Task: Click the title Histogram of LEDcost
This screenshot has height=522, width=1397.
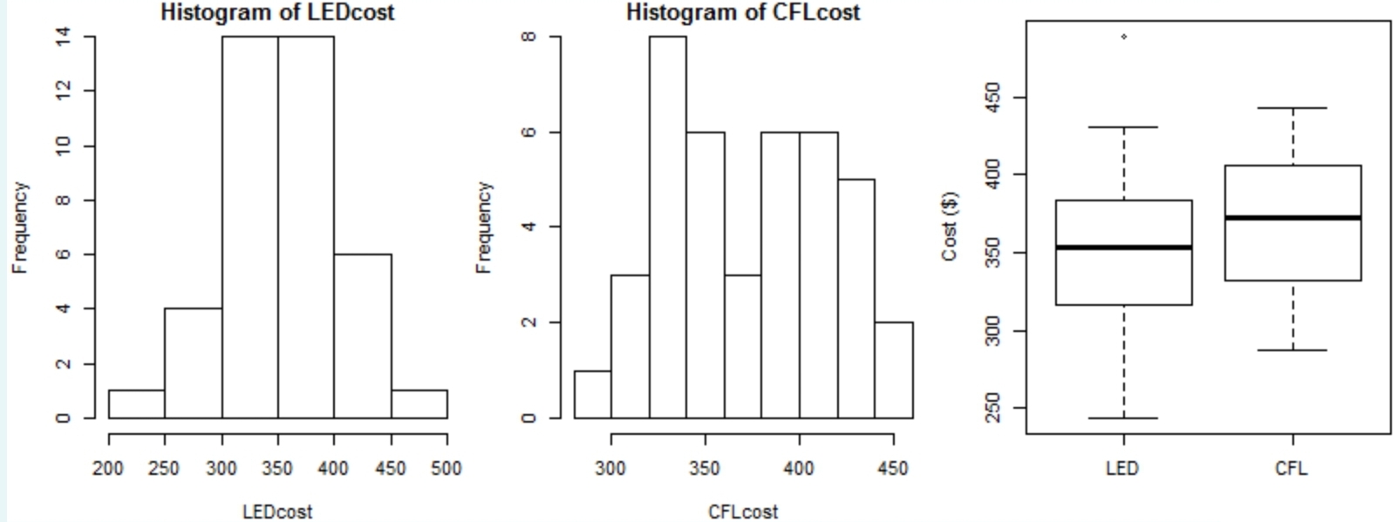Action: [277, 12]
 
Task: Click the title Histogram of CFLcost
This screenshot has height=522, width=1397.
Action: [743, 12]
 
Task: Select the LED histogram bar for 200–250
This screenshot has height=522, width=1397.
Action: [136, 403]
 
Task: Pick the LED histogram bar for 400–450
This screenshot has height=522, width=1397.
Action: [362, 336]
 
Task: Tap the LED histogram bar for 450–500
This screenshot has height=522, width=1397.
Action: [419, 403]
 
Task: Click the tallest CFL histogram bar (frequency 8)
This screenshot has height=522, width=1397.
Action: [667, 227]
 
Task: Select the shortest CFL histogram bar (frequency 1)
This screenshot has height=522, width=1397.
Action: [592, 394]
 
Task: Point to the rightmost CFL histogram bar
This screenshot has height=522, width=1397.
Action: [894, 370]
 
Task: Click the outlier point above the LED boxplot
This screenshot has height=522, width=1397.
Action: [1124, 37]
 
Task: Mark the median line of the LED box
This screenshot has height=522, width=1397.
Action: [1124, 247]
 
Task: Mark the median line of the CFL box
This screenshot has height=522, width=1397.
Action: [1292, 217]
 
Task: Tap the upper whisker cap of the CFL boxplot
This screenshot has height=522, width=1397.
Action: [1292, 108]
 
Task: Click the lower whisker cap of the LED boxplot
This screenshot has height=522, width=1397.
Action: [1124, 418]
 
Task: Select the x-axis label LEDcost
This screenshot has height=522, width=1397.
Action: [277, 512]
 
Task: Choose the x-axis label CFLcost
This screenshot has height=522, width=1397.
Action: [743, 512]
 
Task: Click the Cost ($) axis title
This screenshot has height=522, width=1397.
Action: [950, 226]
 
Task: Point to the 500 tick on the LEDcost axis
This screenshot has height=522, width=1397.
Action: [446, 469]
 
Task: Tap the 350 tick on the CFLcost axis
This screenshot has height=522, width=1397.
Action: [705, 469]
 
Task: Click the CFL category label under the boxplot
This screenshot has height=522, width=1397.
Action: [1291, 469]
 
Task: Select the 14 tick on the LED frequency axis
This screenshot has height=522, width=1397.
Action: [63, 37]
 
